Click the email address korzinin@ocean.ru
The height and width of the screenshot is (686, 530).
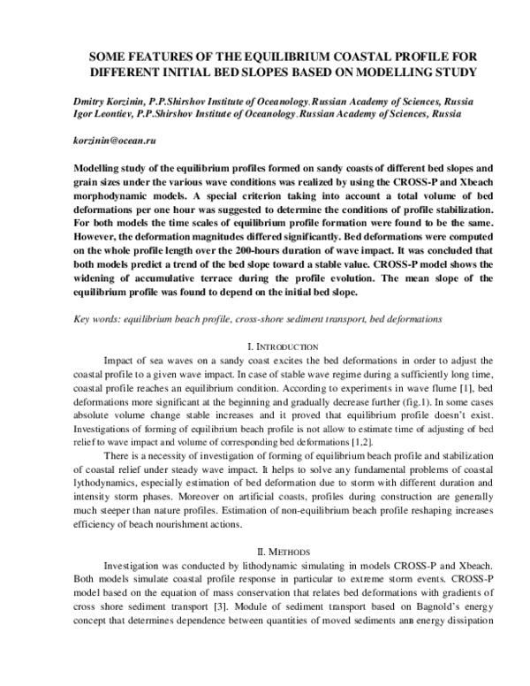click(108, 141)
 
